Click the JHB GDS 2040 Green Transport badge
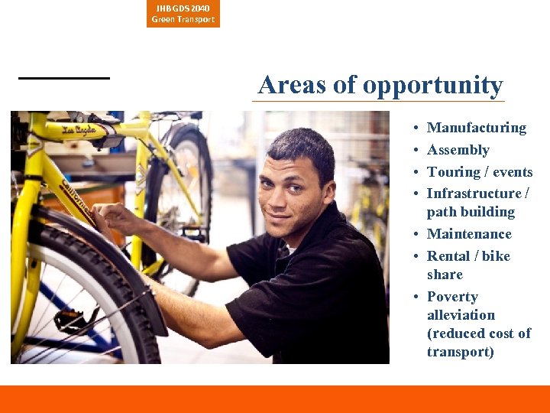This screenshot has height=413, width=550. pyautogui.click(x=183, y=14)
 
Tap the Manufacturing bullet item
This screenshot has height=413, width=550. pyautogui.click(x=476, y=128)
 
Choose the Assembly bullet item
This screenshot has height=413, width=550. pyautogui.click(x=458, y=150)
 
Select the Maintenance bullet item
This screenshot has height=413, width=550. pyautogui.click(x=469, y=234)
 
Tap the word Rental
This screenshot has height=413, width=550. pyautogui.click(x=448, y=256)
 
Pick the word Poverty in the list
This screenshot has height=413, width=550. pyautogui.click(x=452, y=297)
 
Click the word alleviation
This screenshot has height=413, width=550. pyautogui.click(x=461, y=315)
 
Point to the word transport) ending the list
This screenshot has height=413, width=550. pyautogui.click(x=461, y=352)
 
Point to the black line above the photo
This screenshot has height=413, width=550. pyautogui.click(x=64, y=78)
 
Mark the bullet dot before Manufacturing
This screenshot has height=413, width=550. pyautogui.click(x=412, y=128)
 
